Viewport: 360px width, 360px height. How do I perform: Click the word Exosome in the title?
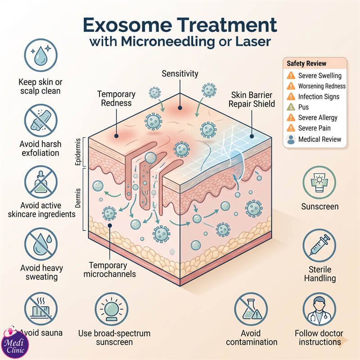coord(127,25)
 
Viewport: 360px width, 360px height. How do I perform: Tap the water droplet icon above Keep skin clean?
coord(40,55)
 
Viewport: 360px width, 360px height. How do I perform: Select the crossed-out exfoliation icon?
coord(40,120)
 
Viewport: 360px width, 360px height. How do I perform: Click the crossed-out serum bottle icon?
coord(40,182)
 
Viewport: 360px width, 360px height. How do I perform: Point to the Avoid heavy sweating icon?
coord(40,244)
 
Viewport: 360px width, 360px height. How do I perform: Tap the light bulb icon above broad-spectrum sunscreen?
coord(111,309)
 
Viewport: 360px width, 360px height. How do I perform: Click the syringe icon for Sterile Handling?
coord(319,245)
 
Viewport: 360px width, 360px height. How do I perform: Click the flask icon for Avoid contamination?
coord(251,309)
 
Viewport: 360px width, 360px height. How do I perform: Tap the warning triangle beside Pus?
coord(291,107)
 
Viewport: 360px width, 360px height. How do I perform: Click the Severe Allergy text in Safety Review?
coord(318,117)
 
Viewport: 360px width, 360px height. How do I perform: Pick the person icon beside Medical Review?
coord(291,139)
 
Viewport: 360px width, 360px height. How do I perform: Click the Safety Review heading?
coord(306,63)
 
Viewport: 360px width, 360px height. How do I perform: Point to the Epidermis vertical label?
coord(78,152)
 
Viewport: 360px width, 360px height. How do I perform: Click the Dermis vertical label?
coord(78,198)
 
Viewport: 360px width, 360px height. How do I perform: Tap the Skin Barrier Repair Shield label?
coord(252,99)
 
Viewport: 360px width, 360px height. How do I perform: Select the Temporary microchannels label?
coord(109,270)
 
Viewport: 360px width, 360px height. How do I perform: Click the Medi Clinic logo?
coord(15,342)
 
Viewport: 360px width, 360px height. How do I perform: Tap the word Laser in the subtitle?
coord(253,42)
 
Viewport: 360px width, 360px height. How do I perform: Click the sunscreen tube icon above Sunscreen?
coord(319,183)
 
